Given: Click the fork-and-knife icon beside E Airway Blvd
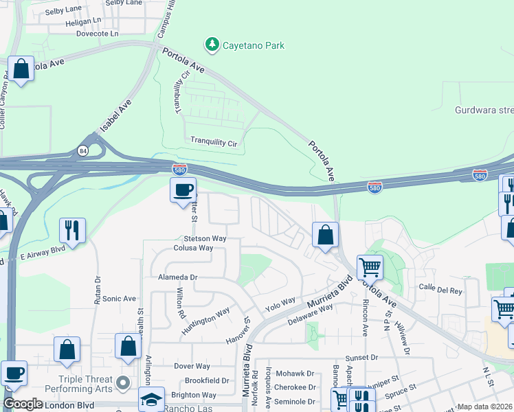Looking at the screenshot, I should [72, 229].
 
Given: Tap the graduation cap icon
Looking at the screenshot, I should [151, 398].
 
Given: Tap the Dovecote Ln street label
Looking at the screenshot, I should [87, 33].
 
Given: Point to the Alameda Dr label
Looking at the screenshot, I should [178, 277].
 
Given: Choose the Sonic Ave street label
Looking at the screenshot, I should [120, 299].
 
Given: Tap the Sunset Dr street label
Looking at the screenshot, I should [361, 358].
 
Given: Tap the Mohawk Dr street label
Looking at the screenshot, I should [295, 374].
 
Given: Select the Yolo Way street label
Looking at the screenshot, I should [280, 304].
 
